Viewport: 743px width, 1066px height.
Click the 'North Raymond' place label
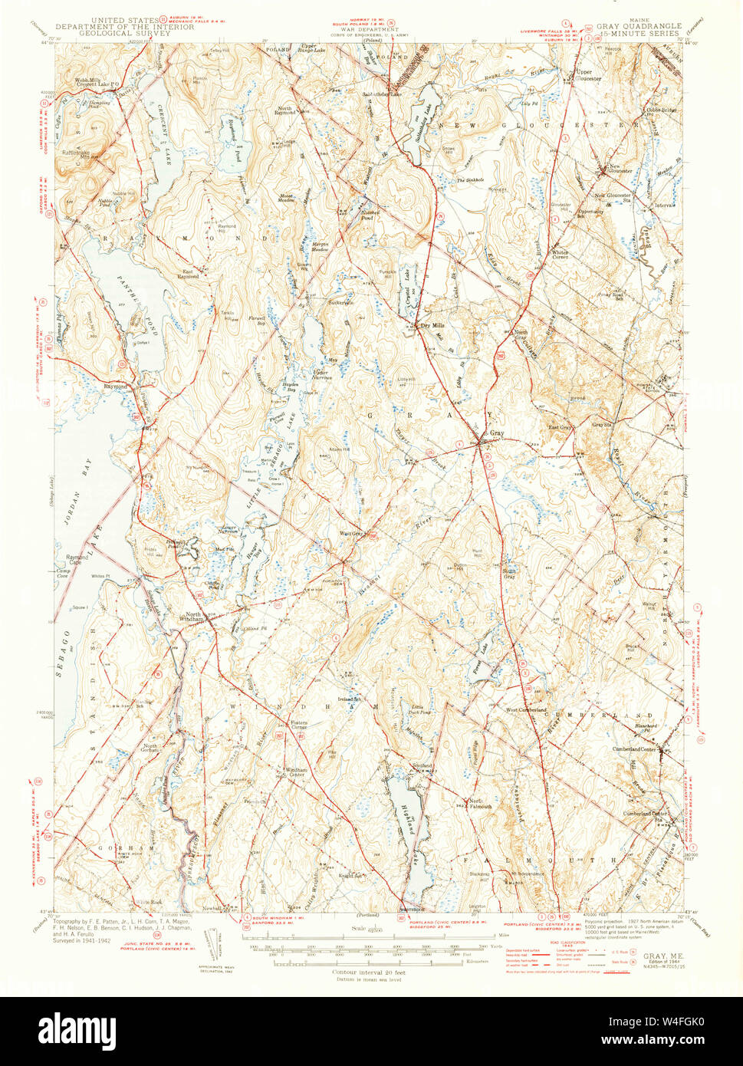coord(286,110)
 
